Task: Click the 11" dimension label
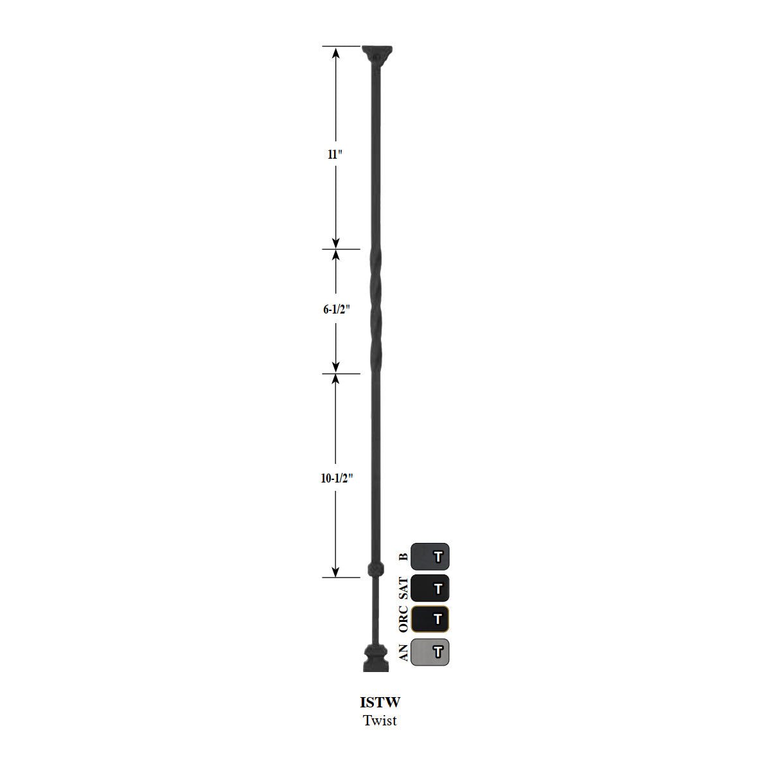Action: (335, 155)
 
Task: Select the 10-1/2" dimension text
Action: (338, 478)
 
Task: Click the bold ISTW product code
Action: (380, 703)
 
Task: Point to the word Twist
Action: (380, 720)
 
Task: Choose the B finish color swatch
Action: (430, 556)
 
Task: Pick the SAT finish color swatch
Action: (430, 588)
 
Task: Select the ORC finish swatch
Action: (430, 619)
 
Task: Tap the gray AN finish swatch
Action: (430, 652)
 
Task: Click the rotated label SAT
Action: (403, 588)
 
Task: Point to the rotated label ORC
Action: (403, 619)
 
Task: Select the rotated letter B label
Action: (403, 557)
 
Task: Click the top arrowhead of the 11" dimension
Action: (335, 51)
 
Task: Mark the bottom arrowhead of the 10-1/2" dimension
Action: (335, 572)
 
